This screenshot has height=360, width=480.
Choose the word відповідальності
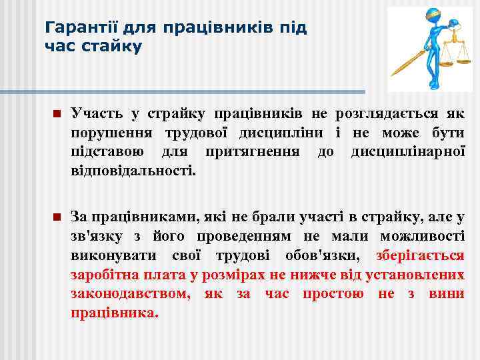point(133,171)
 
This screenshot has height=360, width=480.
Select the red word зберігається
point(420,256)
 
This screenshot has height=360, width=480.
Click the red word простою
point(333,294)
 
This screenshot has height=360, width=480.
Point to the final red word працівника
point(114,313)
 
